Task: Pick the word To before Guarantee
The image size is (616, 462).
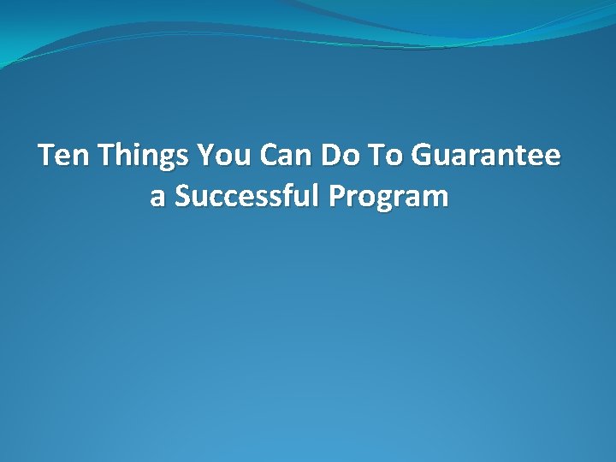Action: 385,156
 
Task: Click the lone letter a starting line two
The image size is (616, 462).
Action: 157,198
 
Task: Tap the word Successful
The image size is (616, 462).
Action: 247,196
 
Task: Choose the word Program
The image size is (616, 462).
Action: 388,198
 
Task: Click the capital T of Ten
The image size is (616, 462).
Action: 47,156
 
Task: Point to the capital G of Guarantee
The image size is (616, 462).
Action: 423,156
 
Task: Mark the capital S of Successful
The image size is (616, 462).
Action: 181,196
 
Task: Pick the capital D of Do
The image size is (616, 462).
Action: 330,156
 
